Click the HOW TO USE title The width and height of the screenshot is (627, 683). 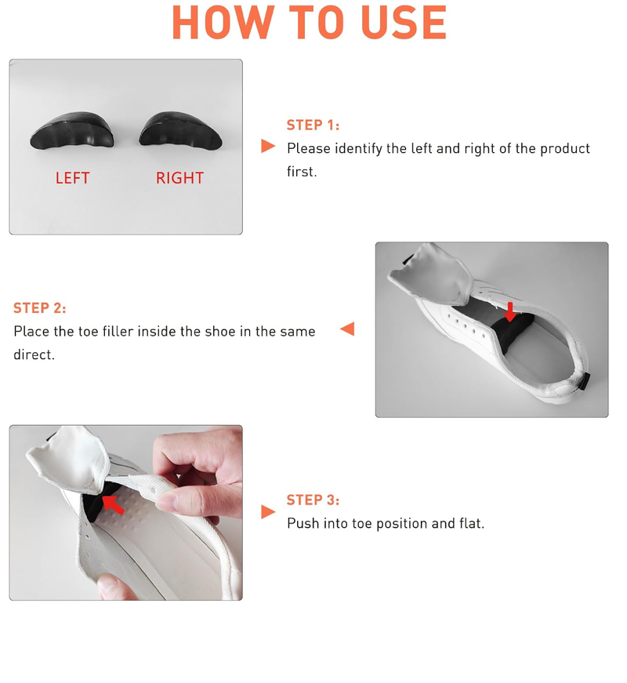(309, 24)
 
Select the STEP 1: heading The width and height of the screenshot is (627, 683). (313, 125)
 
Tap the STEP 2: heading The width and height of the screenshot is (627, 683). (40, 308)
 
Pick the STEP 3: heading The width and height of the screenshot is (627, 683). (313, 500)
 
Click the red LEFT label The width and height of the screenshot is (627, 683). (72, 178)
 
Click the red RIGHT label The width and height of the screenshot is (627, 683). (179, 178)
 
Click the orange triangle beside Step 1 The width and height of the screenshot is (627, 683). (268, 146)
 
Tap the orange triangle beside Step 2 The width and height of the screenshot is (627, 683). (347, 329)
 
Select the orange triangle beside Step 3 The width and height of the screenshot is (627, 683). (268, 512)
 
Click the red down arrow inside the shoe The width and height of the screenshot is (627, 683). (510, 311)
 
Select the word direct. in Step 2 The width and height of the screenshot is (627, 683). (34, 354)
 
